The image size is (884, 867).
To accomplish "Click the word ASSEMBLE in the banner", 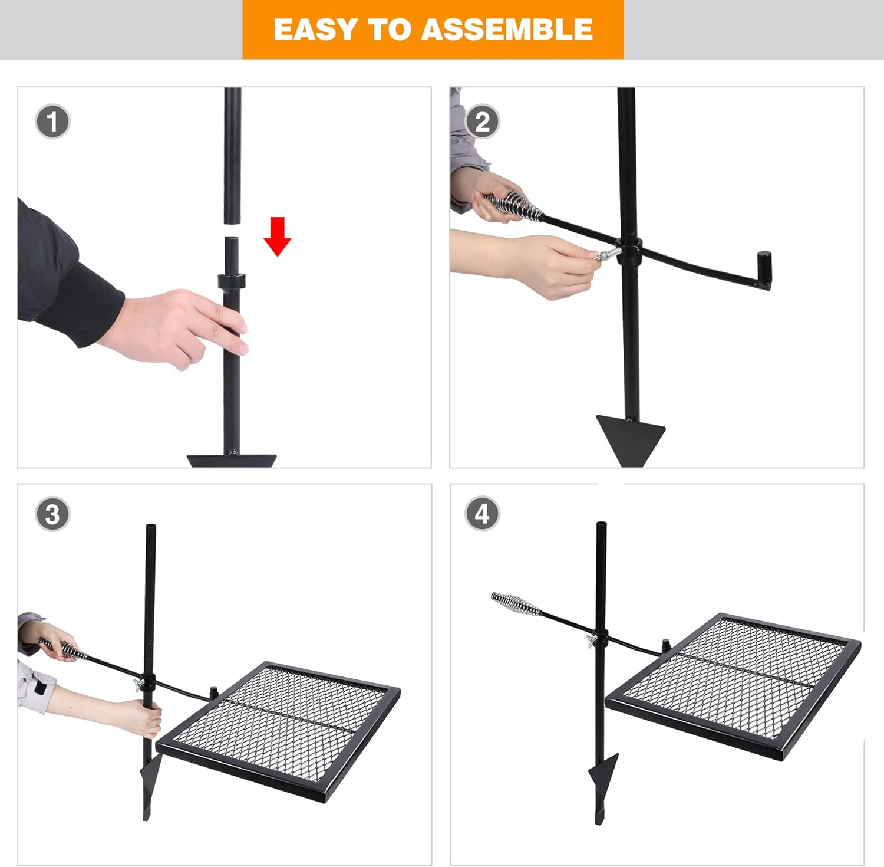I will click(510, 29).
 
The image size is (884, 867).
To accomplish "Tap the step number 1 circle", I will click(52, 122).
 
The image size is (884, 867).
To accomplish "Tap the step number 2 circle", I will click(482, 122).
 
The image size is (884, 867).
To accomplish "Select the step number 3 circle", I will click(52, 514).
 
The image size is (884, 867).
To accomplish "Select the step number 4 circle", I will click(482, 514).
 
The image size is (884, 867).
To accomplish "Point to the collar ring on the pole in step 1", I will click(231, 281).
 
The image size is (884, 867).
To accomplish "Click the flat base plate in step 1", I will click(232, 460).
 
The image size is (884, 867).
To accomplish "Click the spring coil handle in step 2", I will click(513, 205).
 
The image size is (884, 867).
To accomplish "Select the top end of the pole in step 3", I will click(150, 527).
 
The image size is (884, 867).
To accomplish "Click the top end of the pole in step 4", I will click(601, 526).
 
